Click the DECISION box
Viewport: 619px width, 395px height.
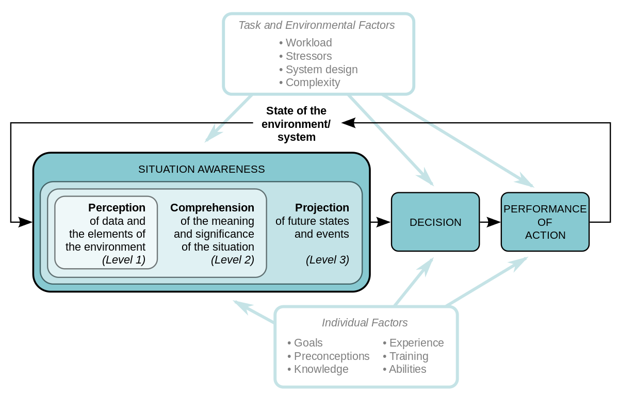(x=435, y=222)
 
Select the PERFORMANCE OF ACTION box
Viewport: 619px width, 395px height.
(x=545, y=222)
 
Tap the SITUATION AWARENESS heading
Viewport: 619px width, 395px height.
(x=201, y=169)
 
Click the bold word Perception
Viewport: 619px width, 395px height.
(x=117, y=208)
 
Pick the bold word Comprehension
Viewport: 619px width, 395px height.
(x=212, y=208)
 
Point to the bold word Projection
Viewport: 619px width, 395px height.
(x=322, y=208)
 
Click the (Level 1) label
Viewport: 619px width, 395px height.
(x=124, y=260)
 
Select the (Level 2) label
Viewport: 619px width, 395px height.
(x=233, y=260)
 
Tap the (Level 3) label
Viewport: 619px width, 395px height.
(x=328, y=260)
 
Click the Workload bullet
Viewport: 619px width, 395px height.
(x=306, y=43)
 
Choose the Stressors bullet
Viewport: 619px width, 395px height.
(x=306, y=56)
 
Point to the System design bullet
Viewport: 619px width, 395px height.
(x=318, y=70)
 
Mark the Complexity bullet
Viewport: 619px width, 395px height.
(x=310, y=83)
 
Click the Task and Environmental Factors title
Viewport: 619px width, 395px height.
(x=316, y=25)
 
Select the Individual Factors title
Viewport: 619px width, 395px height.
(x=365, y=323)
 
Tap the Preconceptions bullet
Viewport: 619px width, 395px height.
(x=329, y=356)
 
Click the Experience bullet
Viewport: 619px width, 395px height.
(x=413, y=343)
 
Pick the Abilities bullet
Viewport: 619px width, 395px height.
(x=404, y=369)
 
